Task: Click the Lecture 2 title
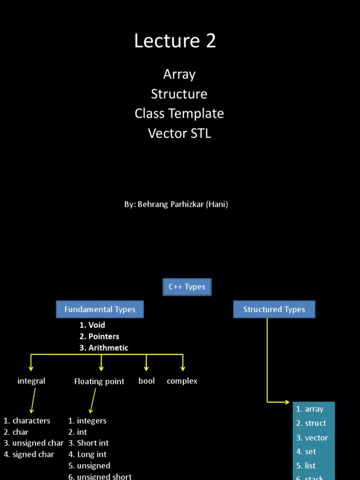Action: [x=175, y=41]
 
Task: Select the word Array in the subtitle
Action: [x=179, y=75]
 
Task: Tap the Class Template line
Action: [x=179, y=114]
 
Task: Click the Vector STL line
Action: [x=179, y=134]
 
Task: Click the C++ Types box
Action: [x=187, y=287]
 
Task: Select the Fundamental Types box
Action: [x=100, y=309]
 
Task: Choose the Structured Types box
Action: [x=274, y=309]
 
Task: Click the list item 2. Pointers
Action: [x=99, y=337]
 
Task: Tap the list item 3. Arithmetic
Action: [x=104, y=348]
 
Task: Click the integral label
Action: [x=31, y=381]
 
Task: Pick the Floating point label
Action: [x=99, y=382]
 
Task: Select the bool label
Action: [x=147, y=381]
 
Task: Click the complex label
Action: [x=182, y=381]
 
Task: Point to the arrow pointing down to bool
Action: [x=147, y=363]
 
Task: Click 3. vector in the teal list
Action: [x=312, y=438]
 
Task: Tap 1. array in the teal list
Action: [x=310, y=409]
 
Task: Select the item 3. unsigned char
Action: [x=33, y=443]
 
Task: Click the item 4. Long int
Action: [x=87, y=455]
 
